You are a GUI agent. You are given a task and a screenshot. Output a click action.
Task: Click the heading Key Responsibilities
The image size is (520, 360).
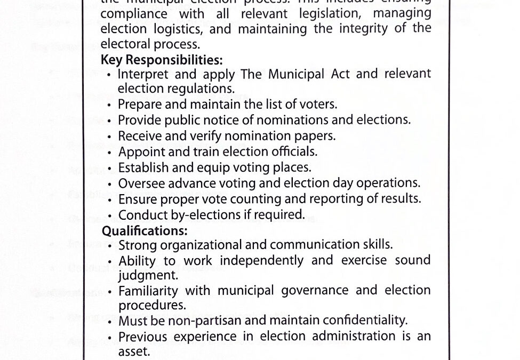pos(162,60)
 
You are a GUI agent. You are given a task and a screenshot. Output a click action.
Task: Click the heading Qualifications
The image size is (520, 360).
pos(144,231)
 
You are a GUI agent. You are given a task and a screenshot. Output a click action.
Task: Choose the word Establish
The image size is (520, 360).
pos(140,167)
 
